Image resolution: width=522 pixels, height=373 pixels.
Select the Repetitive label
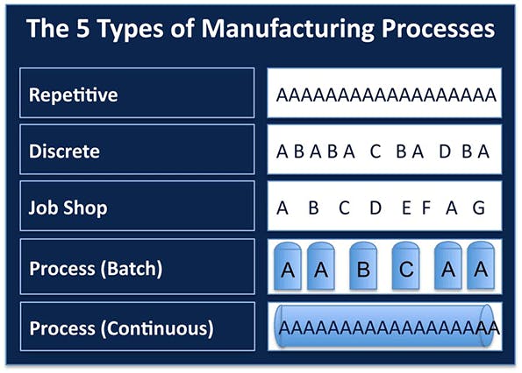tap(74, 94)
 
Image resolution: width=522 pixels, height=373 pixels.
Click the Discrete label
tap(65, 151)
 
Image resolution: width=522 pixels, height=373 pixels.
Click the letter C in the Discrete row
tap(375, 151)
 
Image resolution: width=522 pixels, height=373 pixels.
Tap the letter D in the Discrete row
tap(444, 151)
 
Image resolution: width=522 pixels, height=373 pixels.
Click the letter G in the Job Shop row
tap(478, 209)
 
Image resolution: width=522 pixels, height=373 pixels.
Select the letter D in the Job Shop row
tap(375, 209)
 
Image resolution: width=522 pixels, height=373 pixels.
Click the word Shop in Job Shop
tap(90, 209)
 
